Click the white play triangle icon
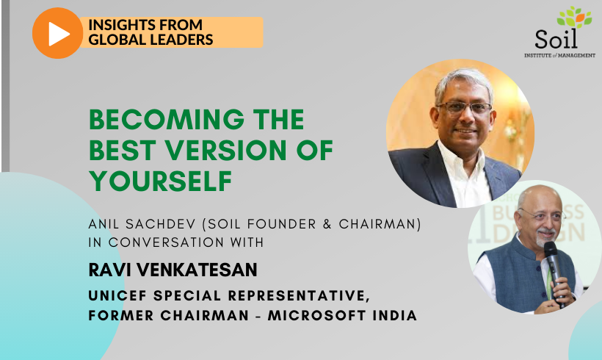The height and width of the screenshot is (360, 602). click(59, 34)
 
